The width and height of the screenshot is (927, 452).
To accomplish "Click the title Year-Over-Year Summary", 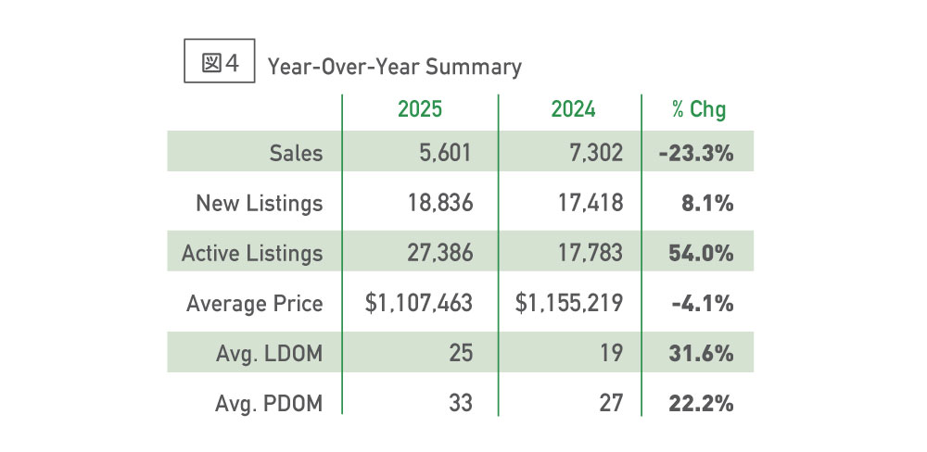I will click(x=394, y=67).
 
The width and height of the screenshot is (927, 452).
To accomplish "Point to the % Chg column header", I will click(x=699, y=109).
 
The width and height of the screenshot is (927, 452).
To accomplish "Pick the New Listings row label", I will click(x=260, y=203).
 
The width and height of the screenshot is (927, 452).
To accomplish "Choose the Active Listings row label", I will click(x=252, y=253).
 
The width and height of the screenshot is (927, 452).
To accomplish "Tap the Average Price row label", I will click(x=255, y=303).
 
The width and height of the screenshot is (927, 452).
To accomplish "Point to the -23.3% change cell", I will click(x=696, y=153).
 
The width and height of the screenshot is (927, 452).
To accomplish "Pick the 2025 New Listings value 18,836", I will click(x=437, y=203).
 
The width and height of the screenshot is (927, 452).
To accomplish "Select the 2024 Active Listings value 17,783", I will click(x=589, y=253).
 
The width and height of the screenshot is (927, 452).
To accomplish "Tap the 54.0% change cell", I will click(x=701, y=253).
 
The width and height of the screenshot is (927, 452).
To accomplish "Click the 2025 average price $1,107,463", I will click(x=420, y=303).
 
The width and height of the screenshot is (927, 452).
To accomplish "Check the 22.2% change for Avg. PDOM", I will click(x=701, y=403).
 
